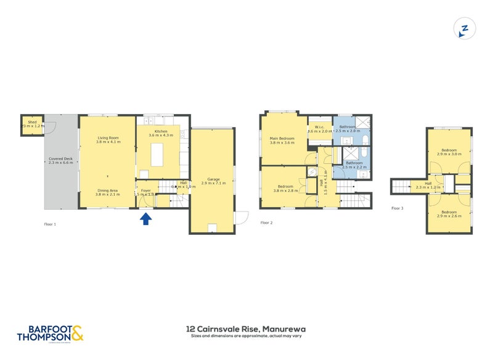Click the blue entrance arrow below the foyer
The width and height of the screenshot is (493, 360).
click(x=145, y=218)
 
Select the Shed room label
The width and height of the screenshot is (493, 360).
click(x=30, y=122)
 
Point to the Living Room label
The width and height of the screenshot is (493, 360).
click(x=107, y=137)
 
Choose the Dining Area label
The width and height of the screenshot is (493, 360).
click(x=107, y=190)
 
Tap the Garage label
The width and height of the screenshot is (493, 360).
click(x=214, y=179)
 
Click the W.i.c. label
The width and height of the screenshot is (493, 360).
click(x=319, y=128)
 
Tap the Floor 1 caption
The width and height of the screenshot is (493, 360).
click(x=51, y=224)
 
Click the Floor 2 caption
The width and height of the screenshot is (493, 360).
click(x=266, y=223)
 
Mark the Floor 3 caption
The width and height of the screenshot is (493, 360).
click(x=397, y=208)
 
